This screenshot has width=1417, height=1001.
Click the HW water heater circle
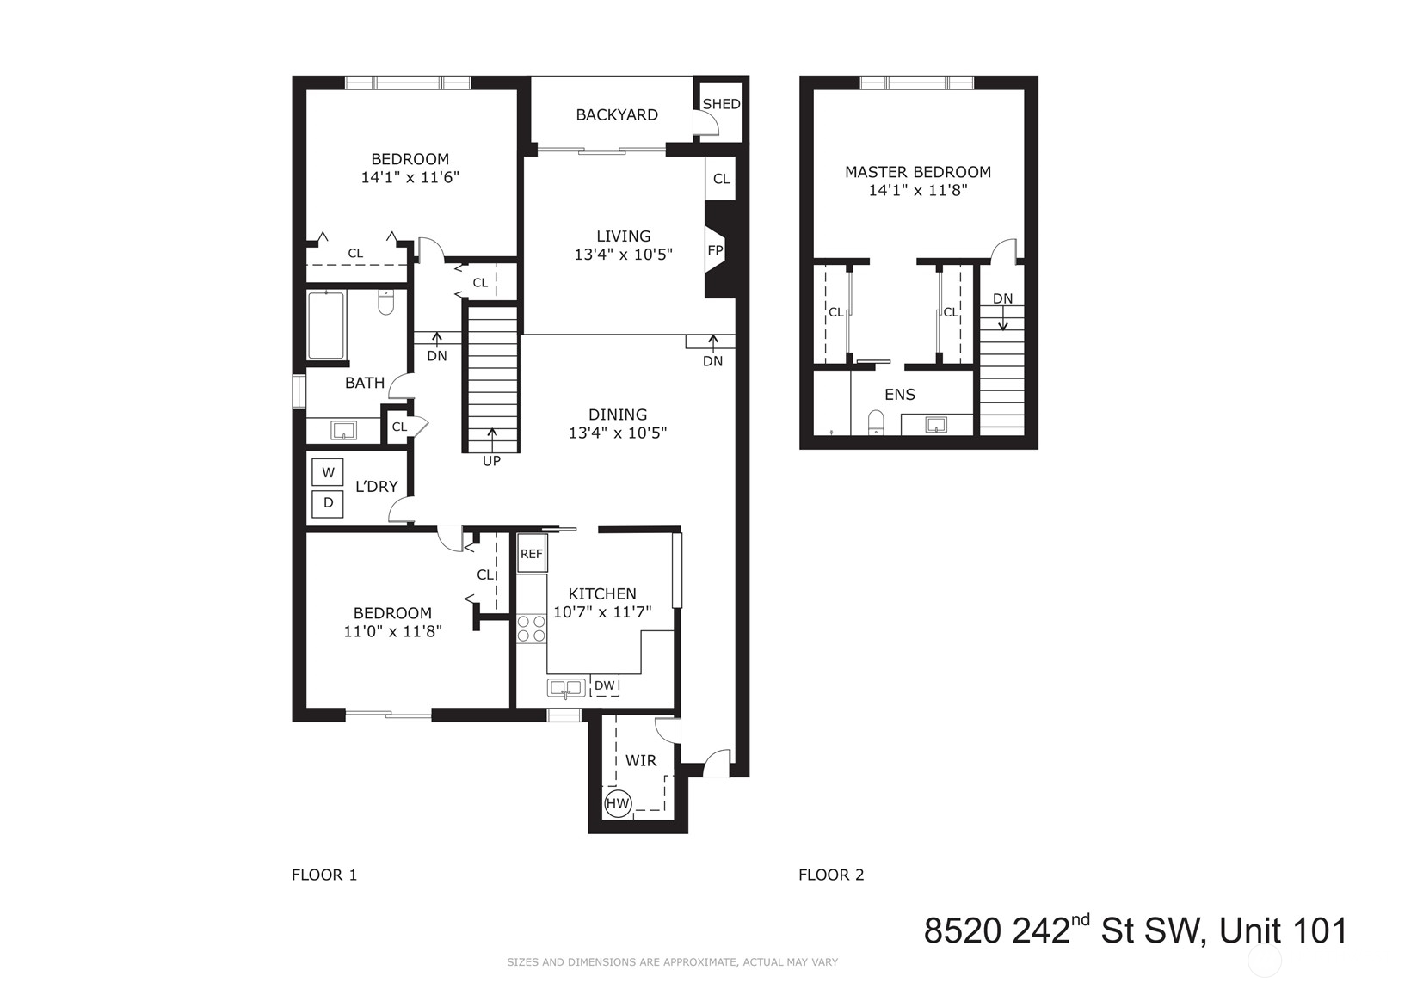[618, 804]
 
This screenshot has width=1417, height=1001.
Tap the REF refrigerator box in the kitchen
[532, 554]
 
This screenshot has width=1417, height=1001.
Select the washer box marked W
[328, 472]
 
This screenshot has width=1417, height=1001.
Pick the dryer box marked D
[328, 503]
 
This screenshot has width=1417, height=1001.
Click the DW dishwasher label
[604, 685]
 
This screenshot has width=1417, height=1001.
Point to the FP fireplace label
[715, 251]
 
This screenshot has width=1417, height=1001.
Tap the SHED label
[721, 104]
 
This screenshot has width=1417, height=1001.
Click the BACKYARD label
[617, 114]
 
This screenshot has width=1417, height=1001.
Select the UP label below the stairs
[491, 461]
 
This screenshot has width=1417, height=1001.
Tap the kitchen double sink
[566, 687]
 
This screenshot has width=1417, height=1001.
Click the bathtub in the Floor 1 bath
[326, 326]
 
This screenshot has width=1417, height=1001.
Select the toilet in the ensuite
[876, 421]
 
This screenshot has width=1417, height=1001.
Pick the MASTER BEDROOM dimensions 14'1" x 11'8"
[918, 190]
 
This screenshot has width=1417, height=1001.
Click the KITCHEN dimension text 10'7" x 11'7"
[602, 612]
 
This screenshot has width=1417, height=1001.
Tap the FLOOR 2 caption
[831, 875]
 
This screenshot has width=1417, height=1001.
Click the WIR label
[641, 761]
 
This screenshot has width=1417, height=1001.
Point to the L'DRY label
[376, 486]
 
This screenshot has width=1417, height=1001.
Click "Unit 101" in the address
[1285, 930]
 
